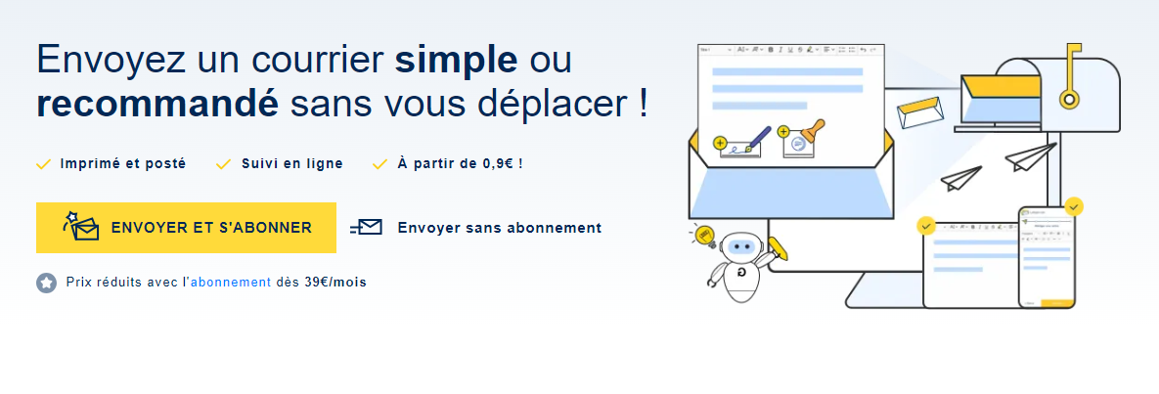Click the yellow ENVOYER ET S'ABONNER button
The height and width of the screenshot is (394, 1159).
186,228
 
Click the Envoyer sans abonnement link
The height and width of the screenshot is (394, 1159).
500,228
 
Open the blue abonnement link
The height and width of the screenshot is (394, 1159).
231,282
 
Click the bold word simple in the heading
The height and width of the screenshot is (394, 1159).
456,60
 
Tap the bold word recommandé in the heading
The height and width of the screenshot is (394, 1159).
157,105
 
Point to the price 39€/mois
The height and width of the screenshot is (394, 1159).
335,282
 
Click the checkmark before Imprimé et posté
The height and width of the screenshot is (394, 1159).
44,164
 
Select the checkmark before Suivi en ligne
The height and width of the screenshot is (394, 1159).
223,164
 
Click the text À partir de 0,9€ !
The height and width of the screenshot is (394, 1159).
461,164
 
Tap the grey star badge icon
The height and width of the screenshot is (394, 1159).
47,283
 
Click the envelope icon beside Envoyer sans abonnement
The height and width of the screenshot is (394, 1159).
366,228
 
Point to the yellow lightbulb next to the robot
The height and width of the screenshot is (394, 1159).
703,236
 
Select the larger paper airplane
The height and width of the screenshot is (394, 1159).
1030,156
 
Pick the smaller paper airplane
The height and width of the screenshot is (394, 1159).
960,178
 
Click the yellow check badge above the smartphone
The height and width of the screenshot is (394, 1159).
1074,205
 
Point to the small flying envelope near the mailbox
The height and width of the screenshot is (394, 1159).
921,111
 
